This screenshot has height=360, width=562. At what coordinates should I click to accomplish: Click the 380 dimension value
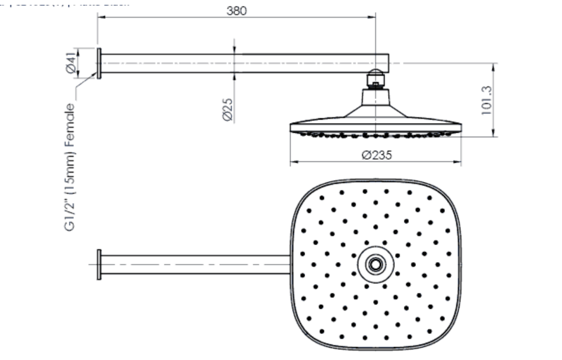[236, 11]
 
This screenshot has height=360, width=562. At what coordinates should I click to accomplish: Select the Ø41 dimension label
[71, 63]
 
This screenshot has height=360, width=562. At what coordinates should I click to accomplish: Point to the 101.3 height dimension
[487, 100]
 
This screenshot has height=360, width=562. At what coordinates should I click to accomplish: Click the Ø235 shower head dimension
[376, 155]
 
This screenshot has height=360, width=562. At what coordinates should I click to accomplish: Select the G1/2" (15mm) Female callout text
[70, 168]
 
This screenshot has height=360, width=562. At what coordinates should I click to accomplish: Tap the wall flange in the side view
[99, 64]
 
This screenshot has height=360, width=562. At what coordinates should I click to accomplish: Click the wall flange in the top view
[99, 264]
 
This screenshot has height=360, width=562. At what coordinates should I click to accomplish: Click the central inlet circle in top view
[375, 265]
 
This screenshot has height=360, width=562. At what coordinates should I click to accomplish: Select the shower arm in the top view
[194, 264]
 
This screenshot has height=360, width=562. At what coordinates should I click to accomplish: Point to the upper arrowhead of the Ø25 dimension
[234, 51]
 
